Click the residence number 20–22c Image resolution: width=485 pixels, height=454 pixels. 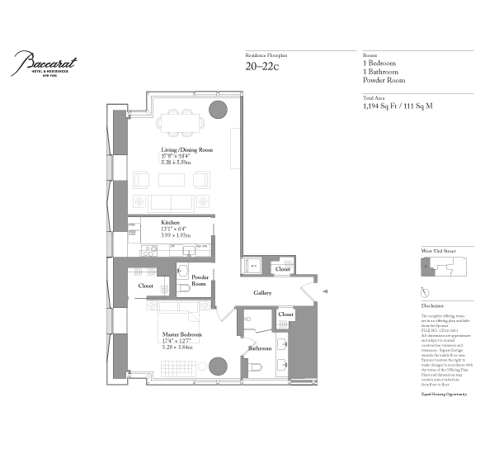(263, 66)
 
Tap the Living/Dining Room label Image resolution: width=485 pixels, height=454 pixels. (186, 150)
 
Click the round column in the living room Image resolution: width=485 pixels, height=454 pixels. (218, 111)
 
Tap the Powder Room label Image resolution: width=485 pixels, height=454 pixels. (200, 280)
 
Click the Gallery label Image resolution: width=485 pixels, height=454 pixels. (262, 294)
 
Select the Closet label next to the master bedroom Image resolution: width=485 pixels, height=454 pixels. (145, 286)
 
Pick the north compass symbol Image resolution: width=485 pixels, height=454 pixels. (423, 292)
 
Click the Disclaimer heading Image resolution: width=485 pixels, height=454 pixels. (432, 306)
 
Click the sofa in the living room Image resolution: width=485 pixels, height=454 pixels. (170, 203)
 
